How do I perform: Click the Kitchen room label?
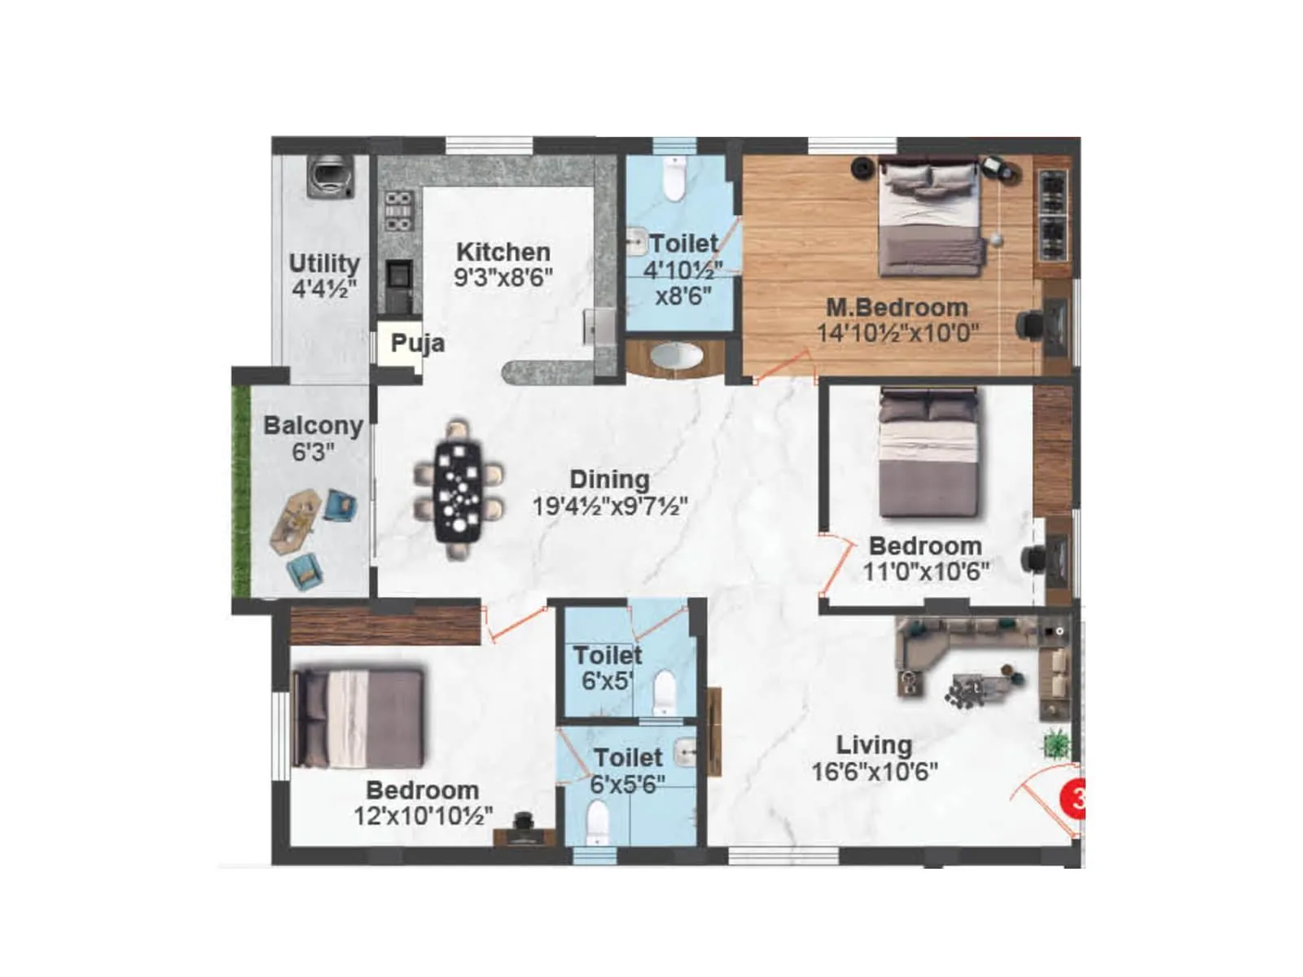tap(502, 252)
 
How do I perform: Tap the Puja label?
tap(417, 343)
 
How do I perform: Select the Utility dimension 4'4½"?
tap(324, 289)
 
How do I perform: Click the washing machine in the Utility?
tap(331, 177)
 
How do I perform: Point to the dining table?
tap(458, 490)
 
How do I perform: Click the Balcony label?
tap(313, 426)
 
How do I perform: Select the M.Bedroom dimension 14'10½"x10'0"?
tap(897, 333)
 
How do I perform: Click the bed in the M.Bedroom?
tap(929, 217)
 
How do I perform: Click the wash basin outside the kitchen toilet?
tap(675, 357)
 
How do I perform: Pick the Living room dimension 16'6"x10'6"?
tap(875, 771)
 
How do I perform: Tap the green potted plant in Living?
tap(1057, 743)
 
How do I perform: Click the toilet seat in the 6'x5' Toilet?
tap(665, 691)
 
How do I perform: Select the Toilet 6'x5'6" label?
tap(628, 758)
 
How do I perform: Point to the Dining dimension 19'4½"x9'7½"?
tap(610, 506)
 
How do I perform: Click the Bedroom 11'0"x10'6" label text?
tap(925, 545)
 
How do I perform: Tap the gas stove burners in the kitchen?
tap(397, 211)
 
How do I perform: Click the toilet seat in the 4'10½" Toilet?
tap(673, 179)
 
